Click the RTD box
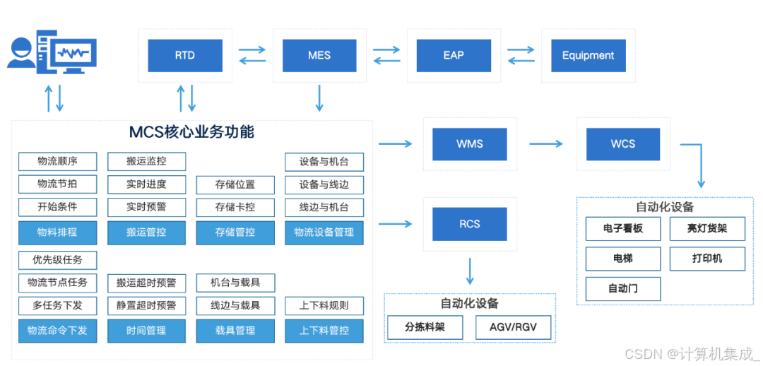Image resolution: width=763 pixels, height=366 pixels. [184, 55]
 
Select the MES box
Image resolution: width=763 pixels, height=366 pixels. [319, 55]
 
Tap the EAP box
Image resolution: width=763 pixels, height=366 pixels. [453, 55]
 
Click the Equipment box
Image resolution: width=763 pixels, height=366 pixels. [588, 55]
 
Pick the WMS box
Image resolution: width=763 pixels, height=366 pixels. [469, 144]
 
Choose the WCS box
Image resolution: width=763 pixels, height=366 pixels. [622, 144]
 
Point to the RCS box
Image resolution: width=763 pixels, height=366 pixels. [469, 224]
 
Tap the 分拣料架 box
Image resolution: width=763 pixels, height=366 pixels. [424, 327]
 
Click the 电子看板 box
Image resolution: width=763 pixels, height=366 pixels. [622, 229]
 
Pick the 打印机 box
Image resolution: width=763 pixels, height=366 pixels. [706, 259]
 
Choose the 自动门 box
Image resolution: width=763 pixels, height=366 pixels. [622, 288]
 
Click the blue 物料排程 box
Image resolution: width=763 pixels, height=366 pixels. [57, 232]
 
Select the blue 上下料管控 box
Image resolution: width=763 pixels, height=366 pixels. [324, 330]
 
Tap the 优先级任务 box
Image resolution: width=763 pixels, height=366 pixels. [57, 259]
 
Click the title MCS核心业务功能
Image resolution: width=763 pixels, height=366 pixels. [191, 132]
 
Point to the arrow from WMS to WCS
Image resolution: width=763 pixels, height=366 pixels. [546, 144]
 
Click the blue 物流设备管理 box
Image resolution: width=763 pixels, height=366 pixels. [324, 232]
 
